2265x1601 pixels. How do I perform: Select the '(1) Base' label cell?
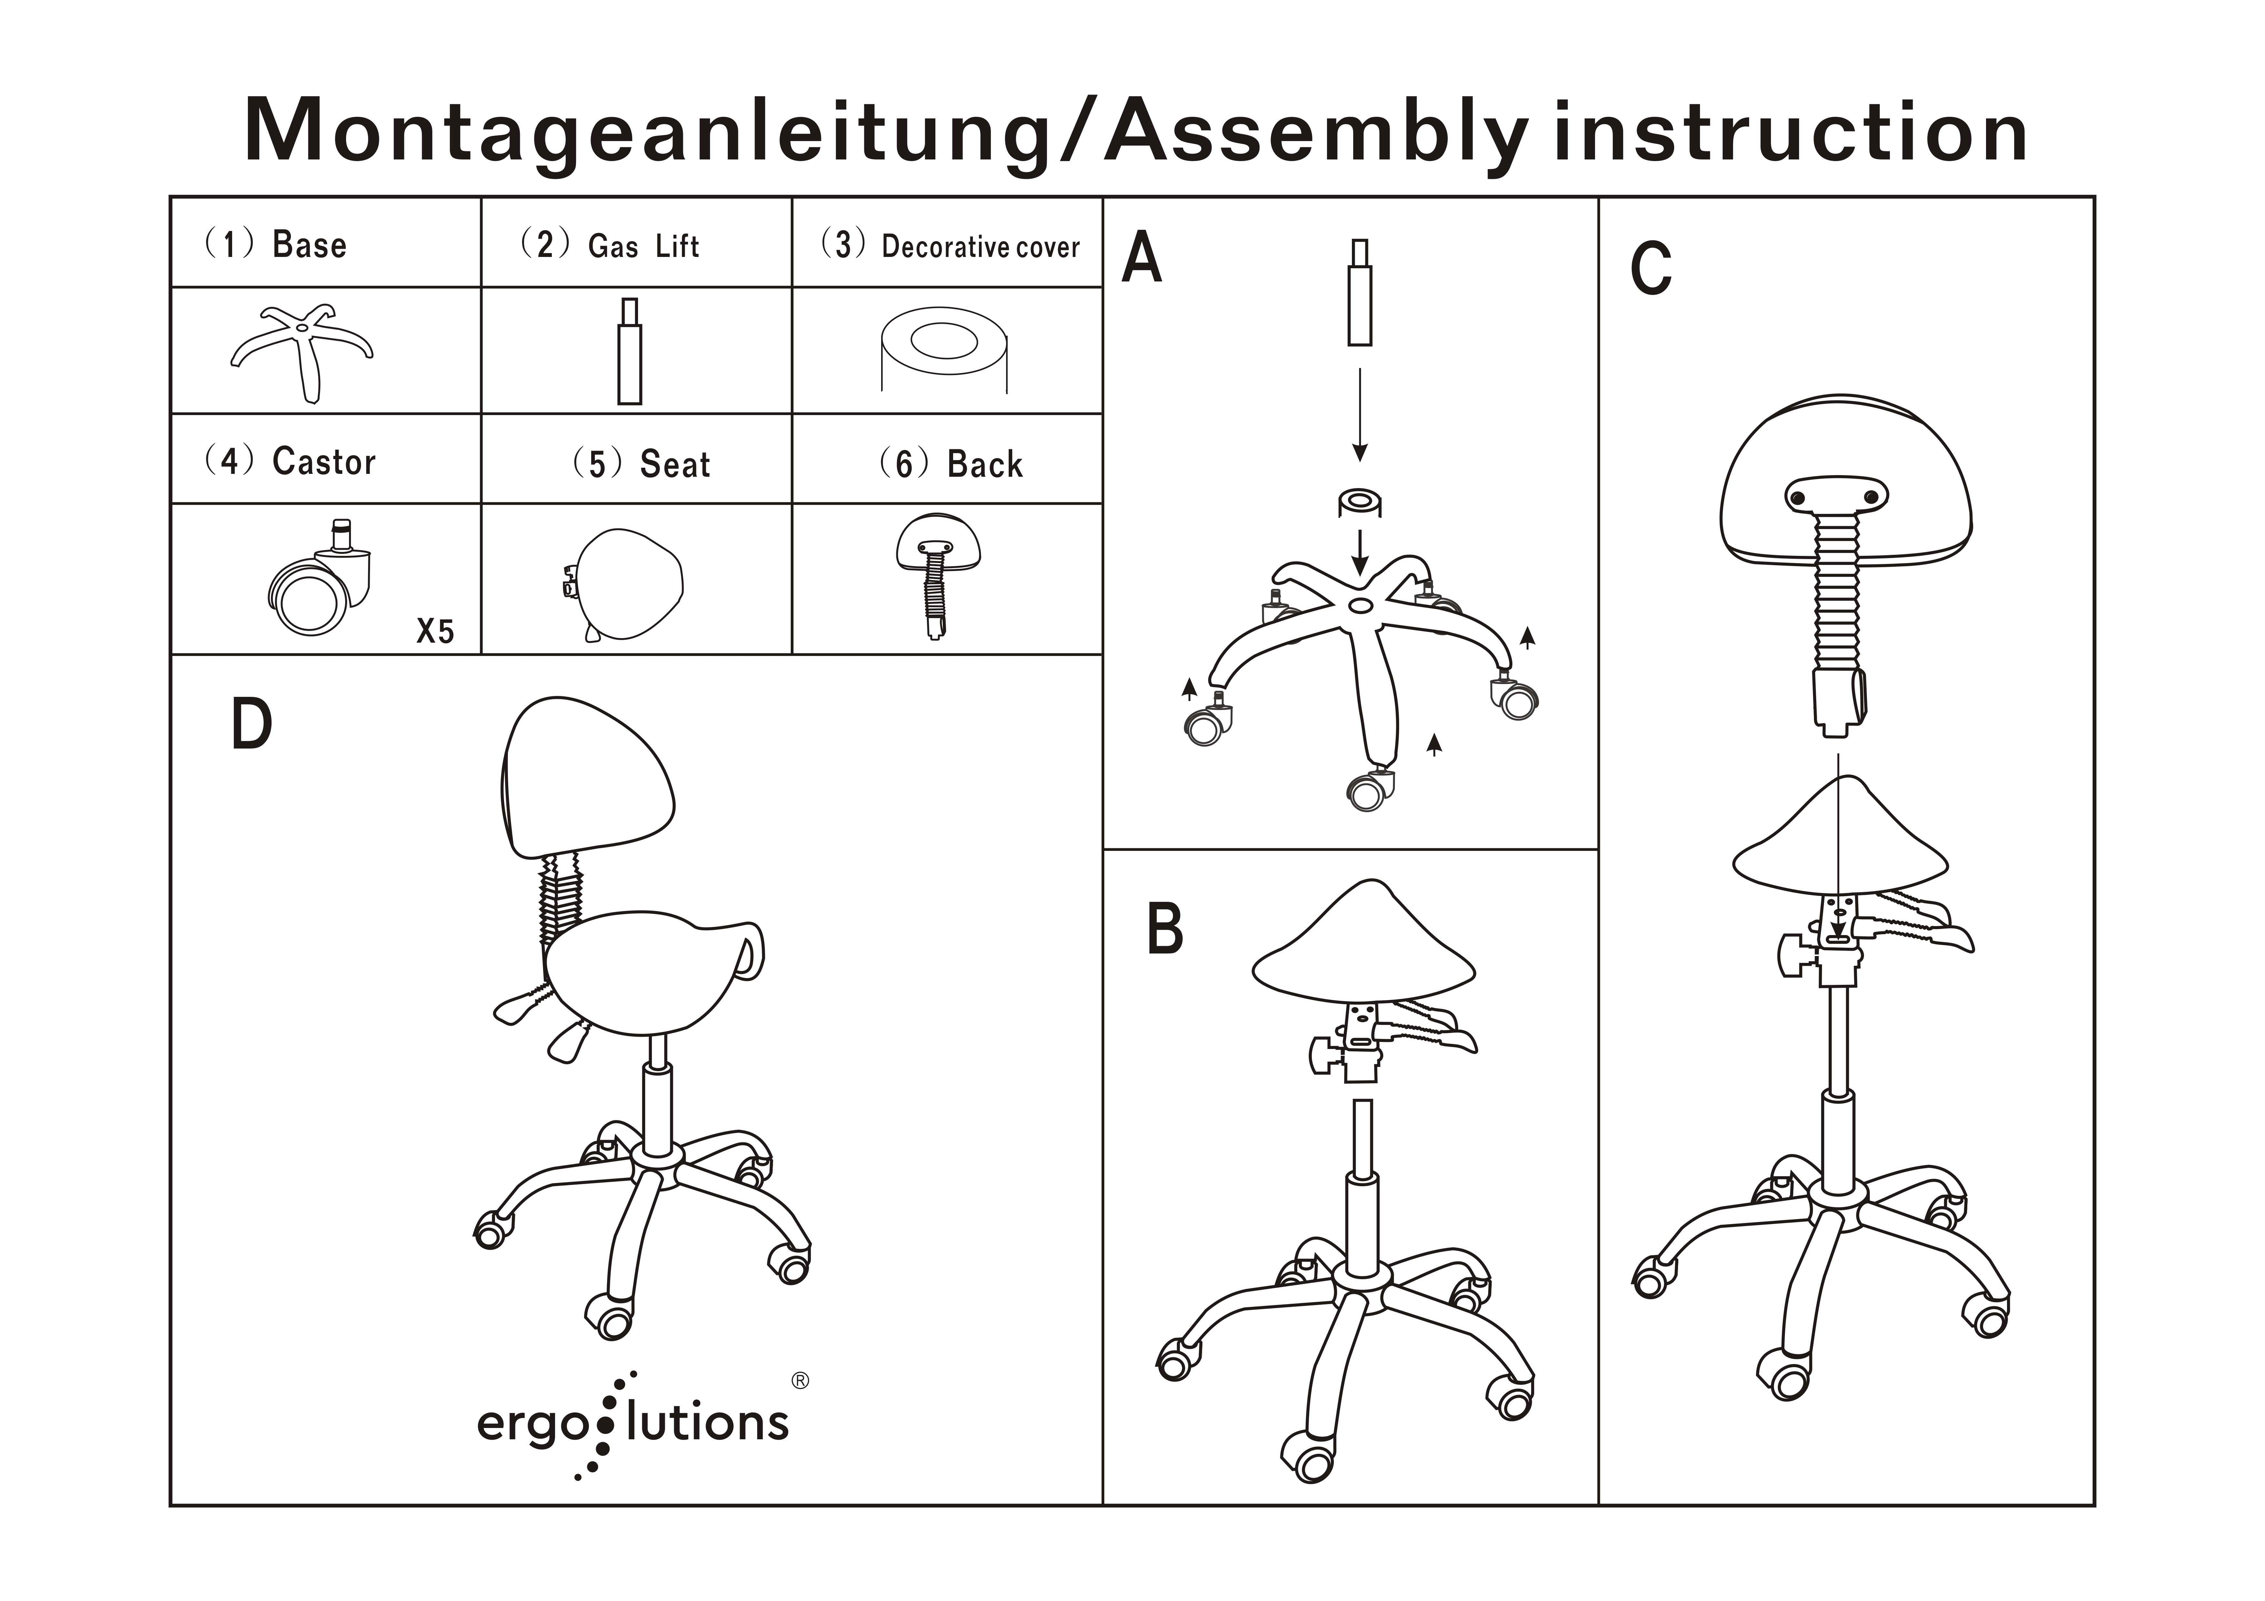click(x=276, y=244)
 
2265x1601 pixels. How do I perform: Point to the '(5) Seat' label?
click(x=642, y=464)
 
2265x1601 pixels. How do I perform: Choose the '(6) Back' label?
click(x=951, y=464)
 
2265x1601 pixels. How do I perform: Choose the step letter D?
click(x=252, y=725)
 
